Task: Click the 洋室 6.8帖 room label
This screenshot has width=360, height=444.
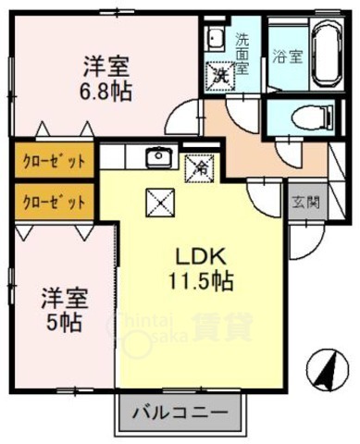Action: coord(106,77)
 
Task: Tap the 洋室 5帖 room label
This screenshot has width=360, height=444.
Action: coord(63,311)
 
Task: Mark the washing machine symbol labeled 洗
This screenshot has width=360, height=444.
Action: coord(222,74)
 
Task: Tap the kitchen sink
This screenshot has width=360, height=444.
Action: coord(157,155)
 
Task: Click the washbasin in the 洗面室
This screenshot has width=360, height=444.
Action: coord(216,40)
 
